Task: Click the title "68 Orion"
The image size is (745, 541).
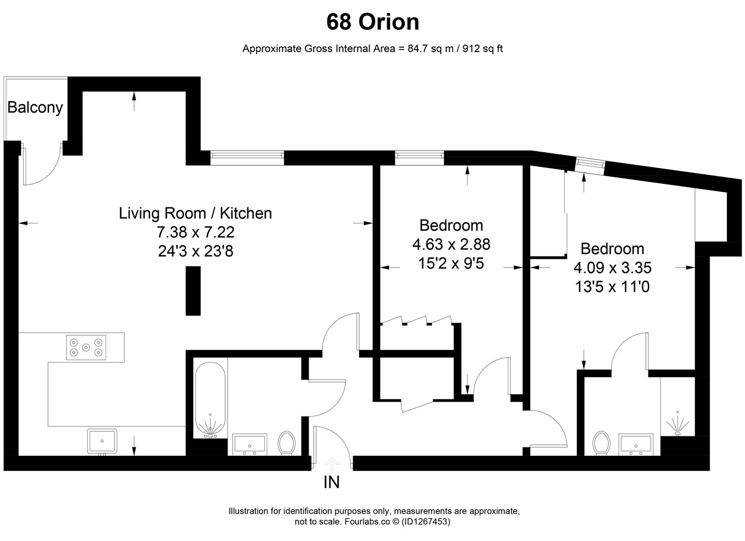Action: click(x=373, y=22)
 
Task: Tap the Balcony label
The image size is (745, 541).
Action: click(x=35, y=108)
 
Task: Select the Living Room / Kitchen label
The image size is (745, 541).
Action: click(x=195, y=213)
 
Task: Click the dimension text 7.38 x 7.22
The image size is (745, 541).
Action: click(x=195, y=232)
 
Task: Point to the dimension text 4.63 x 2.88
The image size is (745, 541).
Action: click(x=451, y=244)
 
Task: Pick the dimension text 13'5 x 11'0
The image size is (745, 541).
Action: click(x=612, y=287)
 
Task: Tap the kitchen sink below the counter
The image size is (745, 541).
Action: click(x=102, y=441)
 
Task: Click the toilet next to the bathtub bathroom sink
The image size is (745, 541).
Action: click(x=287, y=443)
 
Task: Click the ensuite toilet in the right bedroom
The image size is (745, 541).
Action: click(x=601, y=443)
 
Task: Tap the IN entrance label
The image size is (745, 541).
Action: click(x=332, y=482)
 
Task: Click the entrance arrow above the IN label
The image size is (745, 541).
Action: click(x=331, y=463)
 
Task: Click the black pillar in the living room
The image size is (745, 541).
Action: click(x=193, y=291)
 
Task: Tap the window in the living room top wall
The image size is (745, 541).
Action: click(x=247, y=158)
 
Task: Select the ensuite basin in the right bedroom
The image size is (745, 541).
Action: click(x=635, y=444)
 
